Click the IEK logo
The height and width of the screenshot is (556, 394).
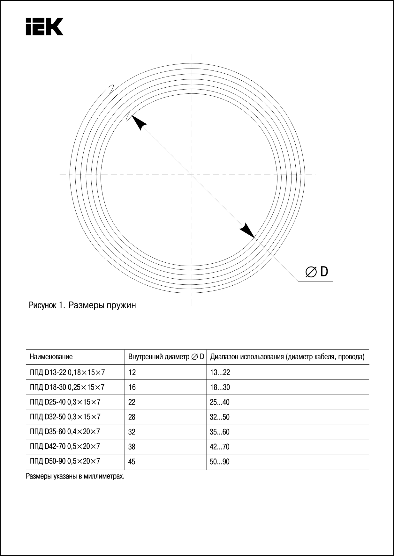[44, 26]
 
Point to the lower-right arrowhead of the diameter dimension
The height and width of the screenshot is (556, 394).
[248, 231]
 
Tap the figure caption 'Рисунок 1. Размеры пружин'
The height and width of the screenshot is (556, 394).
[82, 305]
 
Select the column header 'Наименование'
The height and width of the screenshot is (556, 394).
[51, 357]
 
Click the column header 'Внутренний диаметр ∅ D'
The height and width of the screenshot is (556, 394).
[166, 357]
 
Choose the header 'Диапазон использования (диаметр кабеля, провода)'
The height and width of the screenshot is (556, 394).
[287, 357]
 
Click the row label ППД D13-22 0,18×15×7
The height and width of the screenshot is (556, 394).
[67, 372]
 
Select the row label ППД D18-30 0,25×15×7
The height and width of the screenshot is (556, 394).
[67, 387]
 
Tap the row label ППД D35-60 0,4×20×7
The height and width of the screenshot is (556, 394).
[65, 432]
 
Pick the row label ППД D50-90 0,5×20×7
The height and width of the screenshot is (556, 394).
[65, 461]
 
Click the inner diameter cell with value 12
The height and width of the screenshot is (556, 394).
[132, 372]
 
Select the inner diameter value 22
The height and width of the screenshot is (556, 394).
[132, 402]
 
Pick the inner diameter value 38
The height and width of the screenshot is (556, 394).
[132, 447]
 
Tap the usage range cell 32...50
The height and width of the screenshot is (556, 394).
[220, 417]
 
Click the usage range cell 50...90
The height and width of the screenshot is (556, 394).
[220, 462]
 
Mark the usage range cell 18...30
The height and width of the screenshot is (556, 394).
[220, 387]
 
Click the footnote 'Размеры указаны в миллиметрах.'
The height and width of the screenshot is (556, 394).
[75, 477]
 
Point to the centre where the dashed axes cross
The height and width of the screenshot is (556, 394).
[191, 174]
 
